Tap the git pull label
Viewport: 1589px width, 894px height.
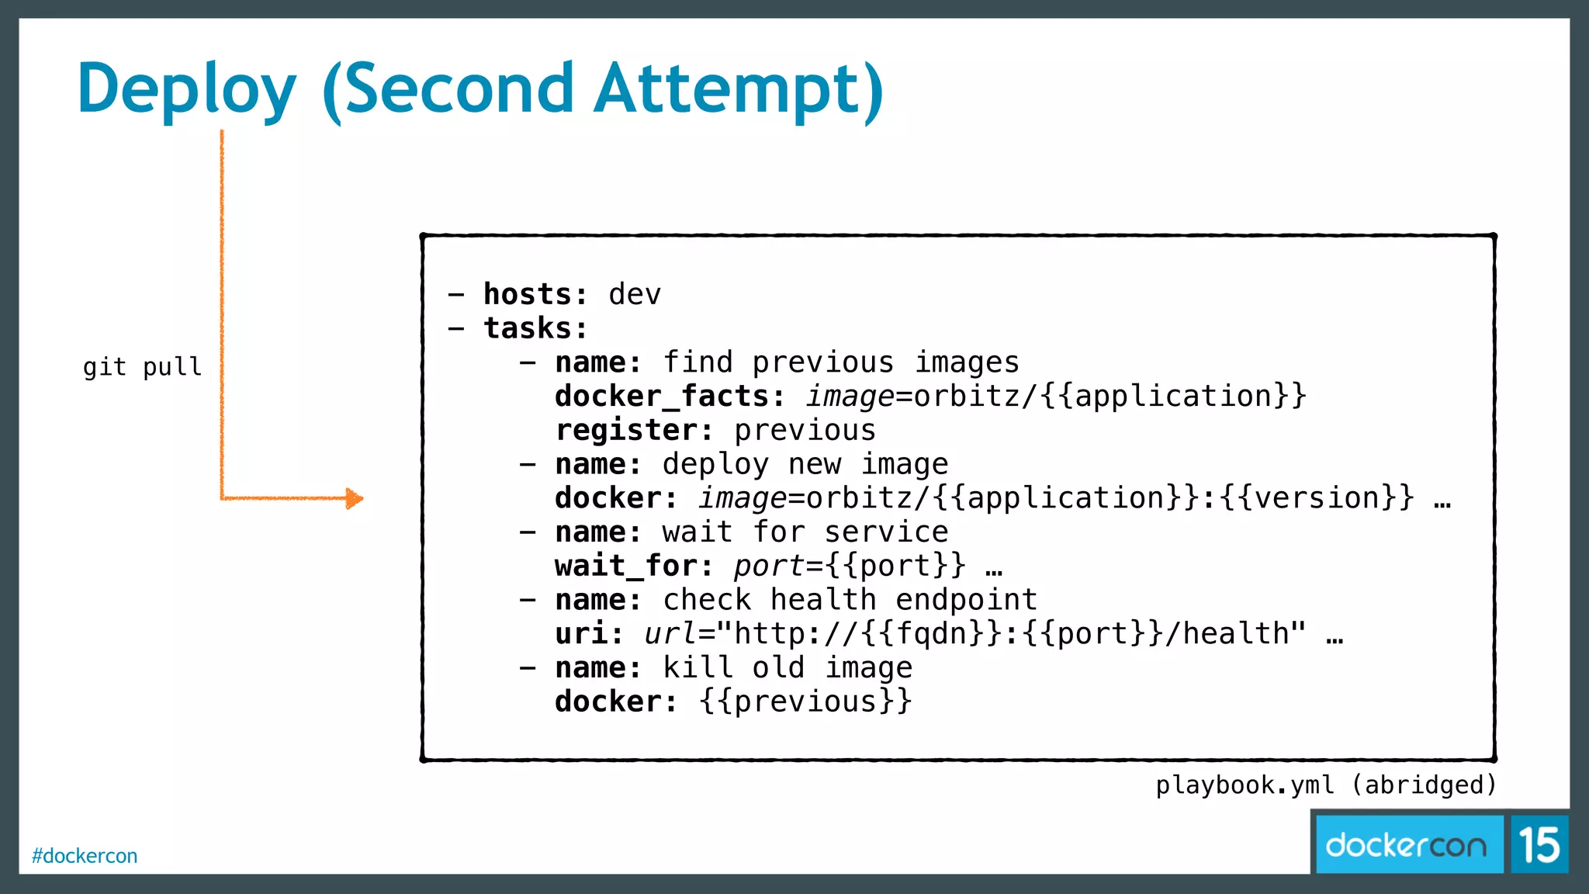coord(142,366)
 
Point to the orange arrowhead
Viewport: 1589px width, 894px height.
coord(354,498)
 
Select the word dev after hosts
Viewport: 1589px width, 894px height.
coord(635,295)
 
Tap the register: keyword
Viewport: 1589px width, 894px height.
coord(634,431)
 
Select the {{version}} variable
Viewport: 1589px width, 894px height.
coord(1317,498)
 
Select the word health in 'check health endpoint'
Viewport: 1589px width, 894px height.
coord(823,600)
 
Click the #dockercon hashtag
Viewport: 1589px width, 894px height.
coord(85,856)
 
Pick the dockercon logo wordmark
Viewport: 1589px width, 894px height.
coord(1406,845)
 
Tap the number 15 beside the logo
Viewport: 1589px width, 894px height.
coord(1539,845)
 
